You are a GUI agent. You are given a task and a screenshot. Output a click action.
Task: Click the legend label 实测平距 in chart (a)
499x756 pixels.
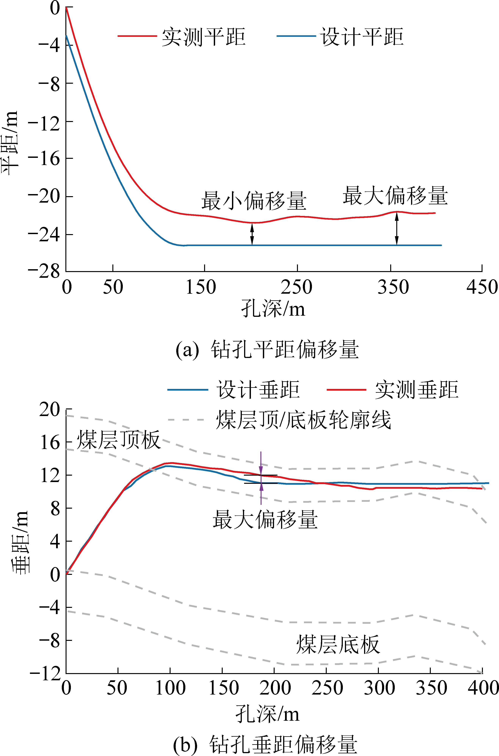[x=204, y=37]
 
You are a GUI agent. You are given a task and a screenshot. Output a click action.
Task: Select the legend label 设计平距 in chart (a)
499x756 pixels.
[x=362, y=37]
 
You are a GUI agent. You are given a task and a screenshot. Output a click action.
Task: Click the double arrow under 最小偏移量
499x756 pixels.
[x=252, y=234]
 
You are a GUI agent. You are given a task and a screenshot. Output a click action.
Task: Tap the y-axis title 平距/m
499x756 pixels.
[x=9, y=143]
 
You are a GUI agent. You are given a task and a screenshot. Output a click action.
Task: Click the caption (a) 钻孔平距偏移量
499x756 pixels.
[x=267, y=349]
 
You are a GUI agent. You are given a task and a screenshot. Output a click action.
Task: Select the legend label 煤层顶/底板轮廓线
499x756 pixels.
[x=303, y=420]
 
